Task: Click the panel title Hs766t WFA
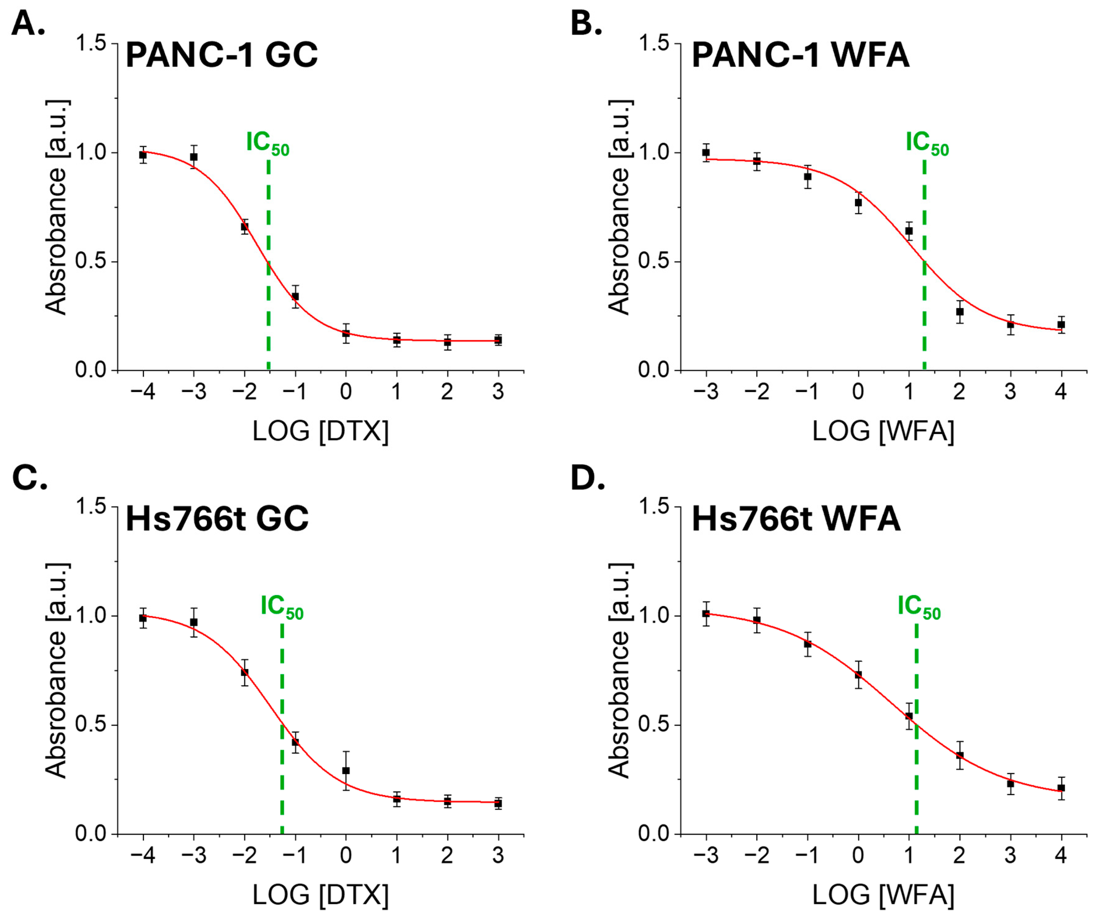point(796,519)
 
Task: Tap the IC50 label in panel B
point(927,143)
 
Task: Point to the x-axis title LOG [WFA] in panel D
point(884,895)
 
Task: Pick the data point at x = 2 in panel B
point(959,311)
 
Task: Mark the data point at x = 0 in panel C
point(345,770)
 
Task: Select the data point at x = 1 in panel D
point(909,716)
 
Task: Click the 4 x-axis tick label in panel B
point(1061,392)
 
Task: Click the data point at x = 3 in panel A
point(498,340)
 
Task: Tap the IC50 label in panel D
point(919,606)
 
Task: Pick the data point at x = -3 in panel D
point(706,614)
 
